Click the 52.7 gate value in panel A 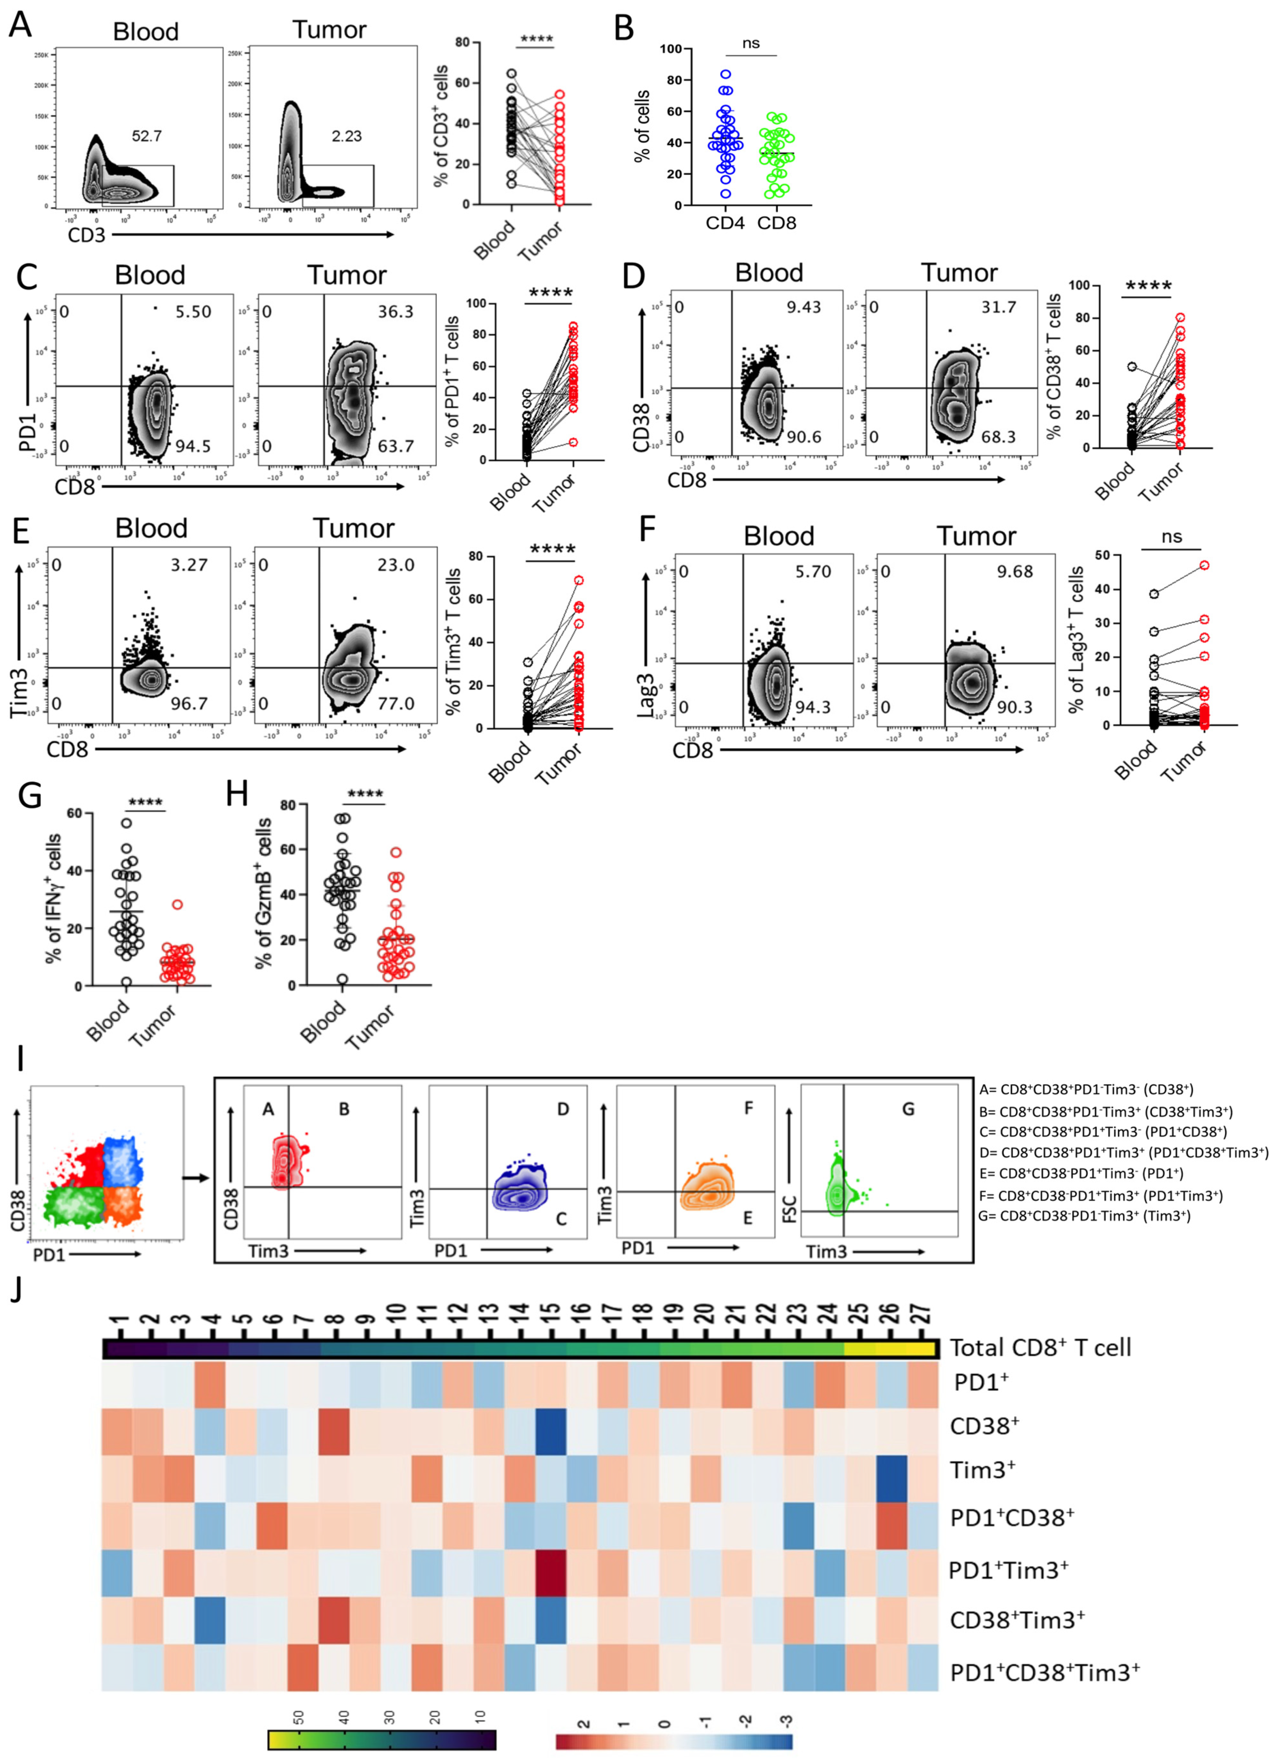click(147, 137)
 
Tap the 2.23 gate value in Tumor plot click(346, 137)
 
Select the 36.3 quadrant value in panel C click(396, 312)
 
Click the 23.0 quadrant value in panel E click(396, 565)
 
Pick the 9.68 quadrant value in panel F click(1015, 572)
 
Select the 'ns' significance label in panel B click(750, 43)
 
